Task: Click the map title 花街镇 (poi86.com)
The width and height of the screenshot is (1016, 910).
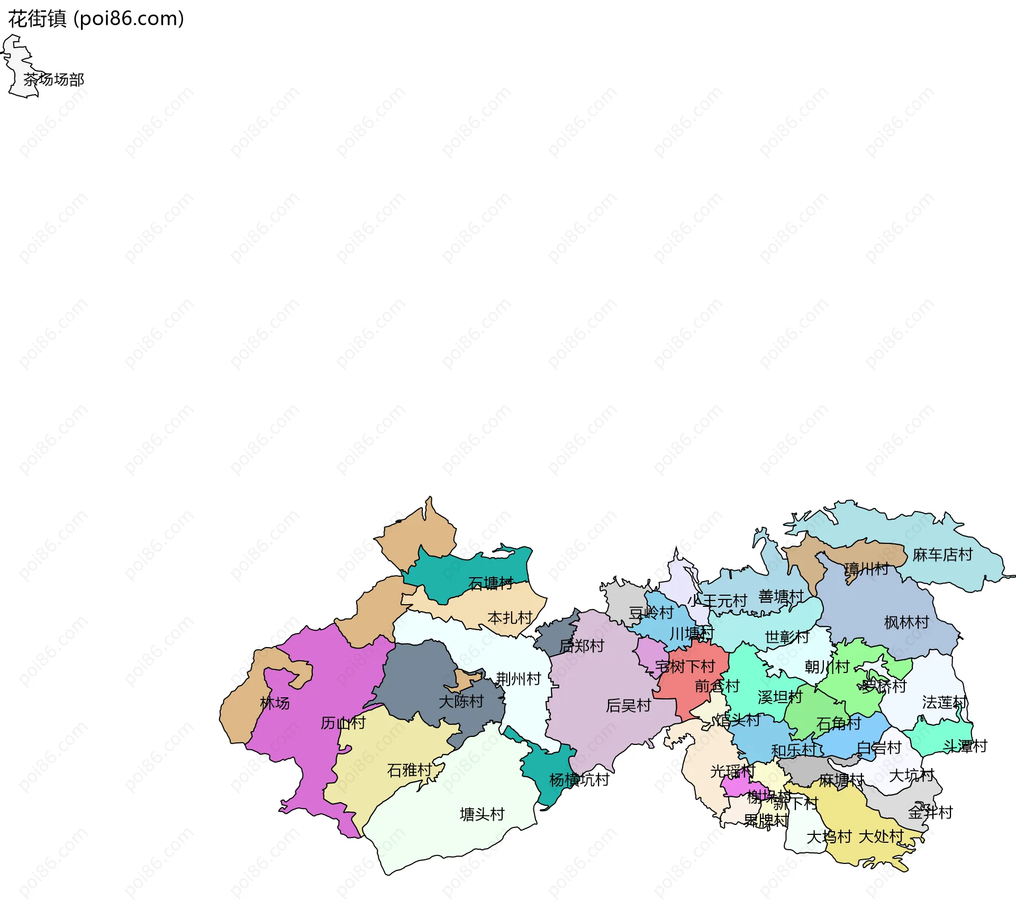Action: point(96,19)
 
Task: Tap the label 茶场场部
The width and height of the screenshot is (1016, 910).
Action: point(53,80)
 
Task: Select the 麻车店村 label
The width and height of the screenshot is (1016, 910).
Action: point(942,555)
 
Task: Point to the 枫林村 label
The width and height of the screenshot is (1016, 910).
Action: point(906,623)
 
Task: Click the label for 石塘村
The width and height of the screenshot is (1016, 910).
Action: point(491,584)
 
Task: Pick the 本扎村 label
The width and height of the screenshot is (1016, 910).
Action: point(510,618)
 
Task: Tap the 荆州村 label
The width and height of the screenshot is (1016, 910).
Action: point(518,679)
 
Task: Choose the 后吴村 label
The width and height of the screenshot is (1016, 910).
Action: point(628,706)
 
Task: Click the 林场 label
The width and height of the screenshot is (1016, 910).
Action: point(275,704)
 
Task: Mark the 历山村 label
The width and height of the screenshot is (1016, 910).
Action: point(343,723)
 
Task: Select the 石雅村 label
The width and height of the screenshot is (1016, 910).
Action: point(409,770)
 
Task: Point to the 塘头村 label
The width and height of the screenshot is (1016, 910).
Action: point(482,815)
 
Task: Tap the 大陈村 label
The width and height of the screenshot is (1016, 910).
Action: point(461,702)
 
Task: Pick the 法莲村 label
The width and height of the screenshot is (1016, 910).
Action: point(945,703)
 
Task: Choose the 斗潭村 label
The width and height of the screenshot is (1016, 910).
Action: point(965,747)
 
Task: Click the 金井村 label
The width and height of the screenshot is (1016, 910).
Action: point(930,813)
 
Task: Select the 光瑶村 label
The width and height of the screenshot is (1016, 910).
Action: point(732,772)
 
